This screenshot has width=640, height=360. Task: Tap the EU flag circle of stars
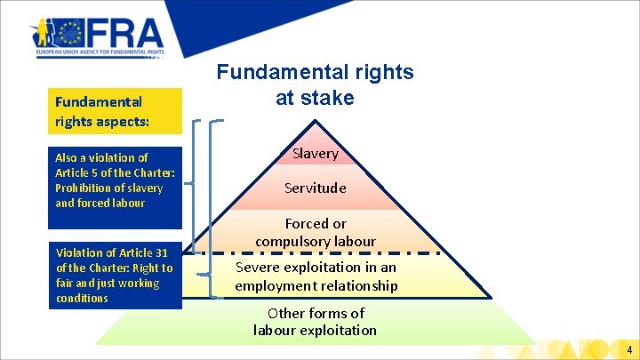(68, 35)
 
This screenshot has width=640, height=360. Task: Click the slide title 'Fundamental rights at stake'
(316, 84)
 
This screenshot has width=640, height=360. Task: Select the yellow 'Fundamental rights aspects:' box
(116, 111)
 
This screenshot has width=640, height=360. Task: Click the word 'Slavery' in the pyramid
(316, 153)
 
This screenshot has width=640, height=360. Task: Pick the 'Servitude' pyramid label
(316, 188)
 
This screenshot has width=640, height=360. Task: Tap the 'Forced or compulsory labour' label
(316, 233)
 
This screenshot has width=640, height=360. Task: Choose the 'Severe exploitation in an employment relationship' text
(316, 276)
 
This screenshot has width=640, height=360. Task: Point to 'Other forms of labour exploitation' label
(316, 322)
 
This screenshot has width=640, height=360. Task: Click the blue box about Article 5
(116, 180)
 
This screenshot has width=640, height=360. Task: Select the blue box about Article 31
(116, 276)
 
